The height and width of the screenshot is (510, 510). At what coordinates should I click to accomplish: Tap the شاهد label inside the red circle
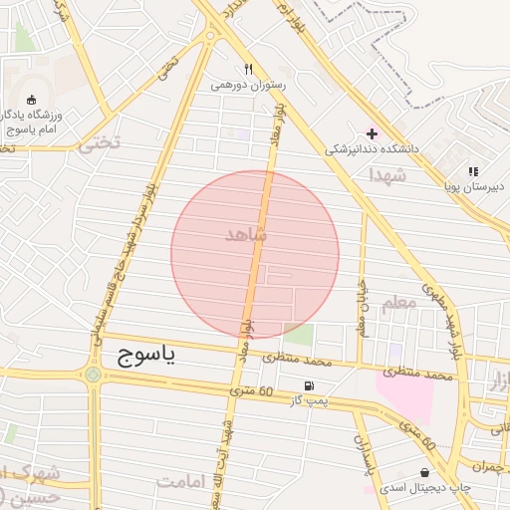tap(246, 234)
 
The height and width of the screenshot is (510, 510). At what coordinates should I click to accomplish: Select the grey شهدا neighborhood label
tap(386, 174)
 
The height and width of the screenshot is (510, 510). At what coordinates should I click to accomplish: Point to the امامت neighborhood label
tap(179, 481)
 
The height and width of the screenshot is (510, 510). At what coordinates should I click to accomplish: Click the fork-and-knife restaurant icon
tap(249, 70)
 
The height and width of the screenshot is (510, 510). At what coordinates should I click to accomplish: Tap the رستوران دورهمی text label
tap(249, 86)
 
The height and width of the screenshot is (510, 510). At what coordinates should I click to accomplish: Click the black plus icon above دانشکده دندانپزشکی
tap(373, 133)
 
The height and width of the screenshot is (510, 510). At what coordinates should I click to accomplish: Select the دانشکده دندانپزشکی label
tap(373, 149)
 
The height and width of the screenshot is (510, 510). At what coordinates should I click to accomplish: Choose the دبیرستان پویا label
tap(473, 185)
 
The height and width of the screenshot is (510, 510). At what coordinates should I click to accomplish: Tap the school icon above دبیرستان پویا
tap(473, 170)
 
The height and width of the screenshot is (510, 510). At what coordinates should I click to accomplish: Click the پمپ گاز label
tap(308, 400)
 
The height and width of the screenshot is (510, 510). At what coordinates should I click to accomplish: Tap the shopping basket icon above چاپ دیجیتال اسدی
tap(425, 472)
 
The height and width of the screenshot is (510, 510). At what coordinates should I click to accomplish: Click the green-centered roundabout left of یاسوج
tap(94, 375)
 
